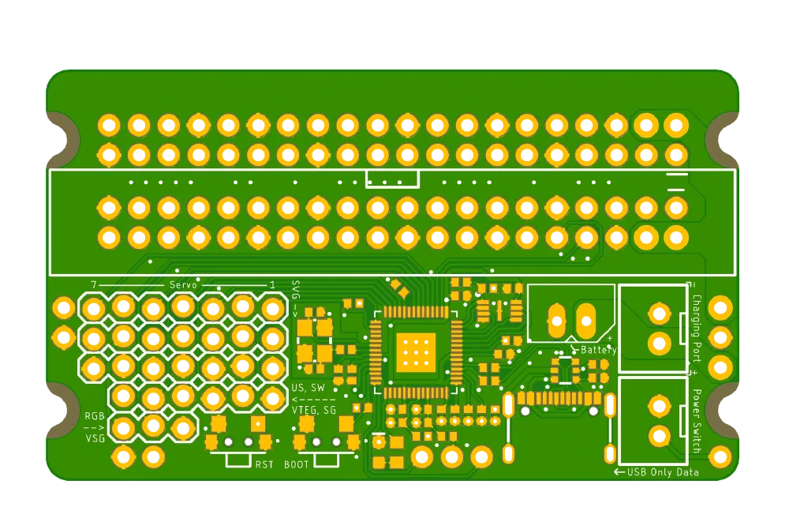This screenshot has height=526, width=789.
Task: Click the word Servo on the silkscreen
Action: (183, 285)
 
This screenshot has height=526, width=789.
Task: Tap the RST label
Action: (264, 464)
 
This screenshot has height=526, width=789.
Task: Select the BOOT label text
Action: (297, 464)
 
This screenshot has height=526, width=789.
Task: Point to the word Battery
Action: (598, 350)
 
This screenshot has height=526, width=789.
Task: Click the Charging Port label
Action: (697, 329)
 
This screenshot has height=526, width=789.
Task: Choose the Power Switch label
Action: (697, 421)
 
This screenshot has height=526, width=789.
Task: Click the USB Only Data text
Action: (663, 472)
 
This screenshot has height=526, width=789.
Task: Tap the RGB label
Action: (95, 416)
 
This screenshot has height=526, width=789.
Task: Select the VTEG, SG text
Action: (314, 410)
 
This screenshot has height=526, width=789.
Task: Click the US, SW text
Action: (308, 388)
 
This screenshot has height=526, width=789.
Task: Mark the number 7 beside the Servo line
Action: (94, 285)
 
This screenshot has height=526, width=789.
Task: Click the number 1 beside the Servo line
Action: (273, 285)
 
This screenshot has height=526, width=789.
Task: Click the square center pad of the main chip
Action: (416, 352)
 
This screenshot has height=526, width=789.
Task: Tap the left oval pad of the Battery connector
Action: (556, 321)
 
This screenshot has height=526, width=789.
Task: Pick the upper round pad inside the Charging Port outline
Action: (659, 314)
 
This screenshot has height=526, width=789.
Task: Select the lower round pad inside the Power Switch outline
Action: (659, 436)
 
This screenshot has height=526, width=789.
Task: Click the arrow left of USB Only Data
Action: (619, 472)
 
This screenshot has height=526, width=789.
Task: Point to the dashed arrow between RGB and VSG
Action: (95, 428)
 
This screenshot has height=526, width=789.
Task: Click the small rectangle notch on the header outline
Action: (392, 178)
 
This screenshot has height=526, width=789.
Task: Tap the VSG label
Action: (95, 438)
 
